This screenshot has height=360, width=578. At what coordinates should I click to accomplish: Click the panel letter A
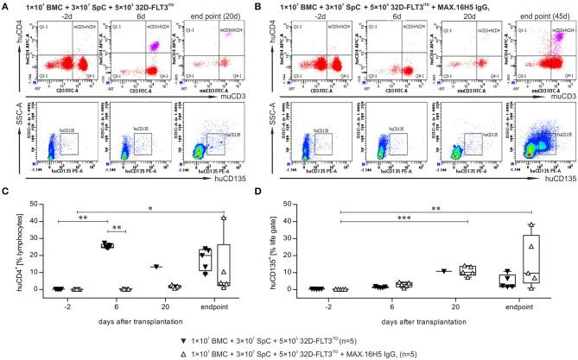point(6,6)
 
